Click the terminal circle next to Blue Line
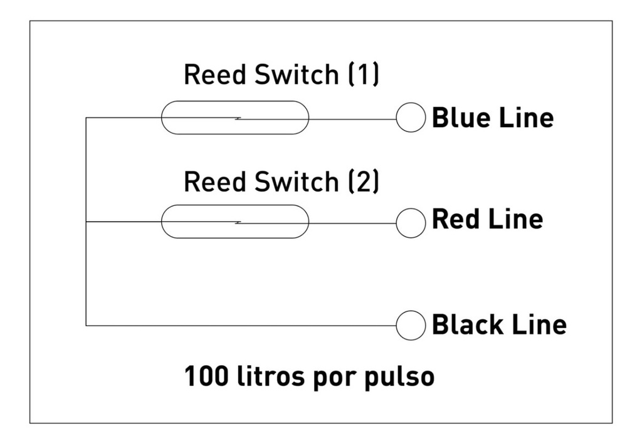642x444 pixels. tap(411, 118)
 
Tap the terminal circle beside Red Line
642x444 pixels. tap(411, 223)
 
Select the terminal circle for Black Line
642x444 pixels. tap(411, 326)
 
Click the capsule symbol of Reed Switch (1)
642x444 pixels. tap(235, 118)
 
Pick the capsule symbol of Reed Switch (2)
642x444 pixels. tap(235, 222)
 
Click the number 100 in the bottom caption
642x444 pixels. tap(204, 377)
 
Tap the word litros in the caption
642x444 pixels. tap(263, 377)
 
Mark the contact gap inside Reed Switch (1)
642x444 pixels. tap(238, 118)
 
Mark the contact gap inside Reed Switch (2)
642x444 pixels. tap(238, 222)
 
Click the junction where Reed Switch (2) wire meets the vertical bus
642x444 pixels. tap(86, 222)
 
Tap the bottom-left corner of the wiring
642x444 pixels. tap(86, 326)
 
